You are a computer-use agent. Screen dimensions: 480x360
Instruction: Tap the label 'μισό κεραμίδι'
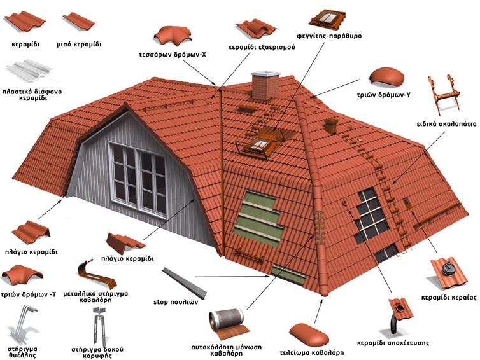79,45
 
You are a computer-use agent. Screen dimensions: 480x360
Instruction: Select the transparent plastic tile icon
29,72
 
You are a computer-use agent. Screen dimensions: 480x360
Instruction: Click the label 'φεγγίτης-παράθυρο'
329,36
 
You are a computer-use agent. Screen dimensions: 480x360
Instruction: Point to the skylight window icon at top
327,18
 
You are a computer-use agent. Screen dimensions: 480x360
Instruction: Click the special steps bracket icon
443,94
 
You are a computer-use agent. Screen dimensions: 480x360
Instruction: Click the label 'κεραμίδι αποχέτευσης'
393,343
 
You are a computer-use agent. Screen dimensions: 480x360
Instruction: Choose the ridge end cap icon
309,335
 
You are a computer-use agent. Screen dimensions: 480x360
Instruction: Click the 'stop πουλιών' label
176,302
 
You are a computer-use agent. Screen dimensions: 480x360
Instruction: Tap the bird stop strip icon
185,283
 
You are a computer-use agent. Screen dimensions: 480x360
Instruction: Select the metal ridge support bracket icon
97,276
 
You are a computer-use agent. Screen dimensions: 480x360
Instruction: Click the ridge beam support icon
99,325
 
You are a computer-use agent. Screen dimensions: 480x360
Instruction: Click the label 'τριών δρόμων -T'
29,295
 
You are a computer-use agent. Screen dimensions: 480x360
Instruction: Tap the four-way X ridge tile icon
173,36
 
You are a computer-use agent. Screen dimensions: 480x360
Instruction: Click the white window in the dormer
138,180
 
